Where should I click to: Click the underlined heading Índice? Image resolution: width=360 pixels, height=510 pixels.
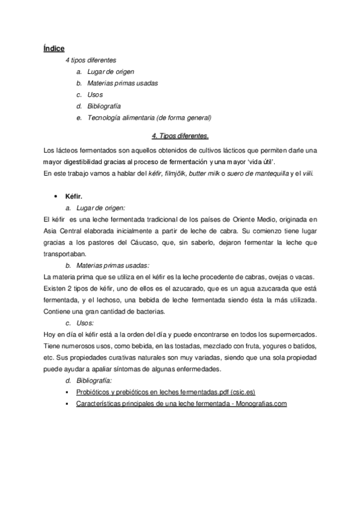click(x=54, y=48)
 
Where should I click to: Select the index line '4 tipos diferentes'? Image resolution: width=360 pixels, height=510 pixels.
click(x=91, y=61)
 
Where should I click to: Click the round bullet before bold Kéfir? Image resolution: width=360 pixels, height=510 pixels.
click(x=55, y=197)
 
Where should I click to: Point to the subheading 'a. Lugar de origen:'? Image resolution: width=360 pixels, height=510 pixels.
click(x=100, y=207)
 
